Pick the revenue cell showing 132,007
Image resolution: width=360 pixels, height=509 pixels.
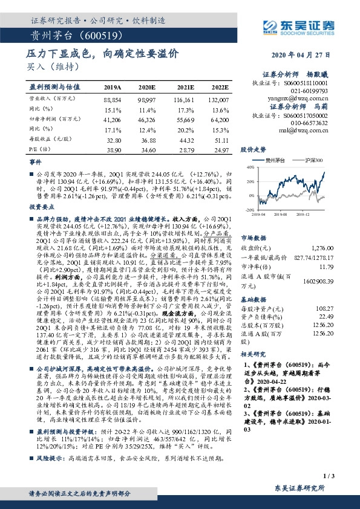218,98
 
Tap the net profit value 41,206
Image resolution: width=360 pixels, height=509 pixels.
113,122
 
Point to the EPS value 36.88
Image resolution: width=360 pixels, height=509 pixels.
148,138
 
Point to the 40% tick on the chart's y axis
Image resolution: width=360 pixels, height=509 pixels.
249,167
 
